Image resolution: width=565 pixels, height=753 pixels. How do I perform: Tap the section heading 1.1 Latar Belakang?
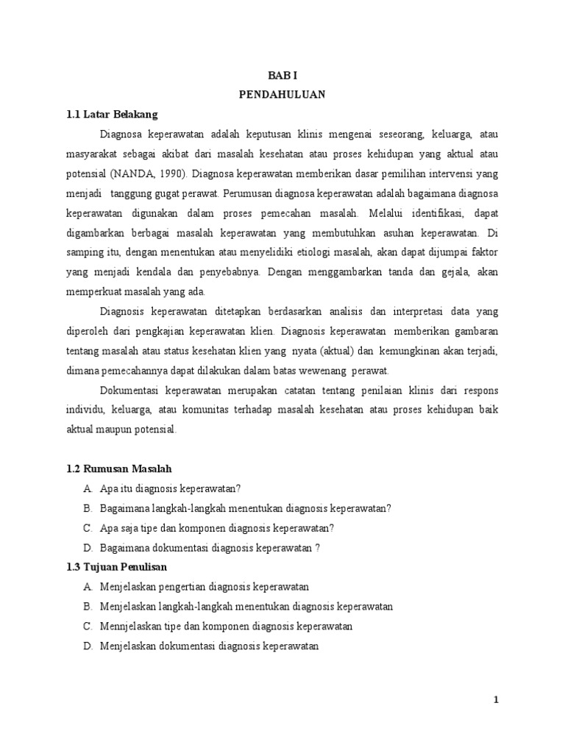click(x=112, y=115)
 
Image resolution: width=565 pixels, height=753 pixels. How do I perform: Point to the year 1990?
click(x=166, y=175)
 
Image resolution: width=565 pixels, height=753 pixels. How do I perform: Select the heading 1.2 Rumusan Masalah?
click(x=119, y=468)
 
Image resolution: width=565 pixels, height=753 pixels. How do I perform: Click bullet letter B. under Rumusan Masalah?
click(x=87, y=508)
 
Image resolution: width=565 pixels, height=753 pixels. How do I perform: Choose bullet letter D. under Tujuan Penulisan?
click(x=87, y=646)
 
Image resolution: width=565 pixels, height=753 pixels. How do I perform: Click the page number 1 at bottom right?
click(x=496, y=700)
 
